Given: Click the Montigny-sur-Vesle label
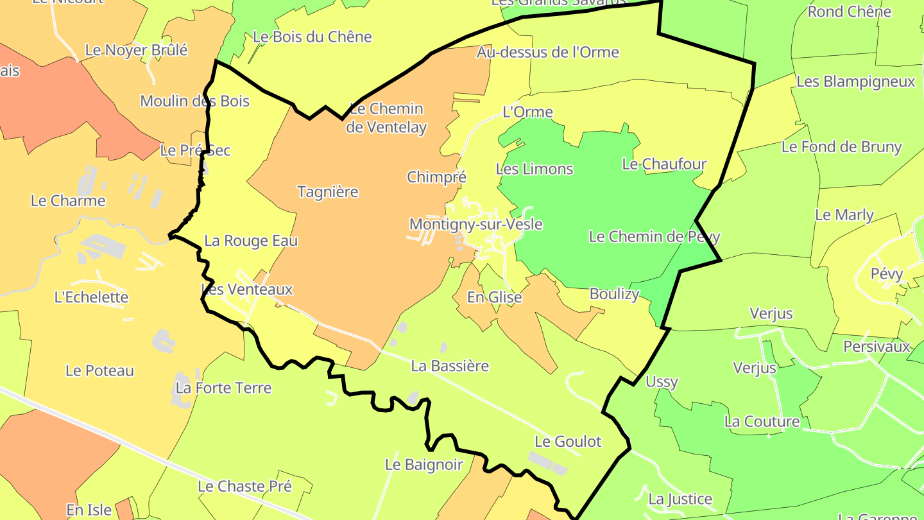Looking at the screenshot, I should coord(475,225).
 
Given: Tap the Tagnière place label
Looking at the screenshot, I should coord(327,192).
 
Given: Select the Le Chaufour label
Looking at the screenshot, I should coord(664,164).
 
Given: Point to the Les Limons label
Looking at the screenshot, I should coord(535,169).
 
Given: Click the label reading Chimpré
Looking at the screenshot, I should coord(436,177).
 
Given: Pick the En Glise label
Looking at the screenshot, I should coord(494,298).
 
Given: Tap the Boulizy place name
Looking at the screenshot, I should coord(614,294).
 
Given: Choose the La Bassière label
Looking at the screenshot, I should coord(450,366).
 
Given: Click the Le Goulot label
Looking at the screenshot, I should coord(568,442).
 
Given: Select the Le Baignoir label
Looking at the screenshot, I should coord(424,465).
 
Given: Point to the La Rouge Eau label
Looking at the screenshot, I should coord(251,241).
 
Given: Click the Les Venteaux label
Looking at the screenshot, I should coord(247,290).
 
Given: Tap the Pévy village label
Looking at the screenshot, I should coord(887,274).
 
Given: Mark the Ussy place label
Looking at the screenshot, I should coord(662,382).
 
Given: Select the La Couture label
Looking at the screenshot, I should coord(762,422).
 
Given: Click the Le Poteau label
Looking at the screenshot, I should coord(99,371).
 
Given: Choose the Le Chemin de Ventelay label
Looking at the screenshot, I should coord(386,118).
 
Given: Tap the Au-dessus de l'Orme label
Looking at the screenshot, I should coord(547,53).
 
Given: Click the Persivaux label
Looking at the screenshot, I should coord(877,347).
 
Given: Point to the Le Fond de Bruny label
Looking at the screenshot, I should coord(841,147).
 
